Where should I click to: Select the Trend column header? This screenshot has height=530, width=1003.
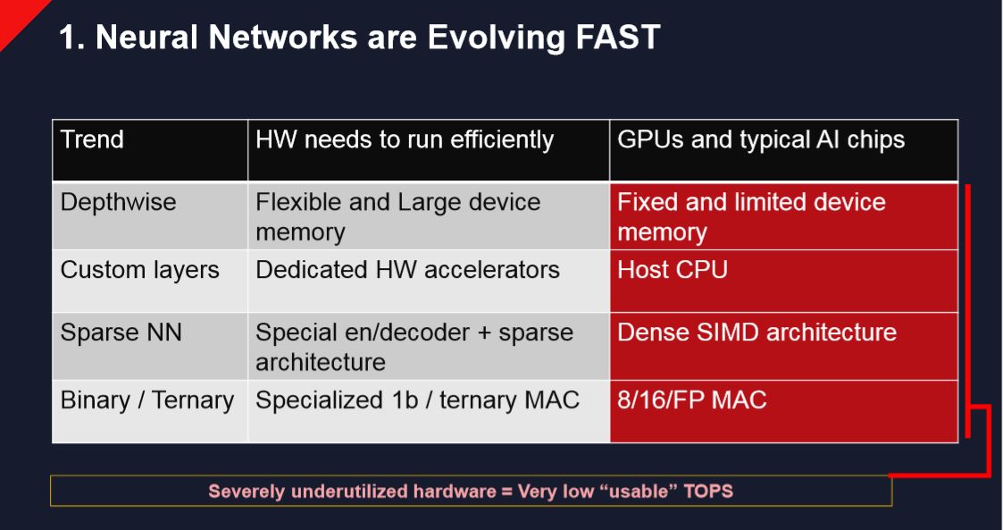coord(93,140)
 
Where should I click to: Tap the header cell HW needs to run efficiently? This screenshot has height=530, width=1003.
coord(405,140)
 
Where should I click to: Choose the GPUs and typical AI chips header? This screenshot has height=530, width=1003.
coord(761,140)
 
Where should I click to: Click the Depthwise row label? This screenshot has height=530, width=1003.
coord(119,203)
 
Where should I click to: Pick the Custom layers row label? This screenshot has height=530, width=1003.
coord(139,271)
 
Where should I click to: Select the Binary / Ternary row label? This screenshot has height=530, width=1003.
coord(147,400)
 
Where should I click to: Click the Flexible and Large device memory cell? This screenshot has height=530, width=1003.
coord(398,217)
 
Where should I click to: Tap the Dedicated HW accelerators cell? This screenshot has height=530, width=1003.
coord(407,271)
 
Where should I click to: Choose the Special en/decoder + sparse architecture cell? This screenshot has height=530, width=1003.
coord(414,347)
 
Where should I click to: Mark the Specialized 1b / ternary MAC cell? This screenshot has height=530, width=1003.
coord(417,400)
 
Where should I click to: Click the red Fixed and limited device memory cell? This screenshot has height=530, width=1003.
coord(751,217)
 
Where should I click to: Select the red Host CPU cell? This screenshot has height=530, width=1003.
coord(673,271)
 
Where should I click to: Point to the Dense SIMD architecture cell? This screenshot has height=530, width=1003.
coord(756,332)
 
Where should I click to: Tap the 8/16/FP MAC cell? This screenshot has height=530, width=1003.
coord(692,400)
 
